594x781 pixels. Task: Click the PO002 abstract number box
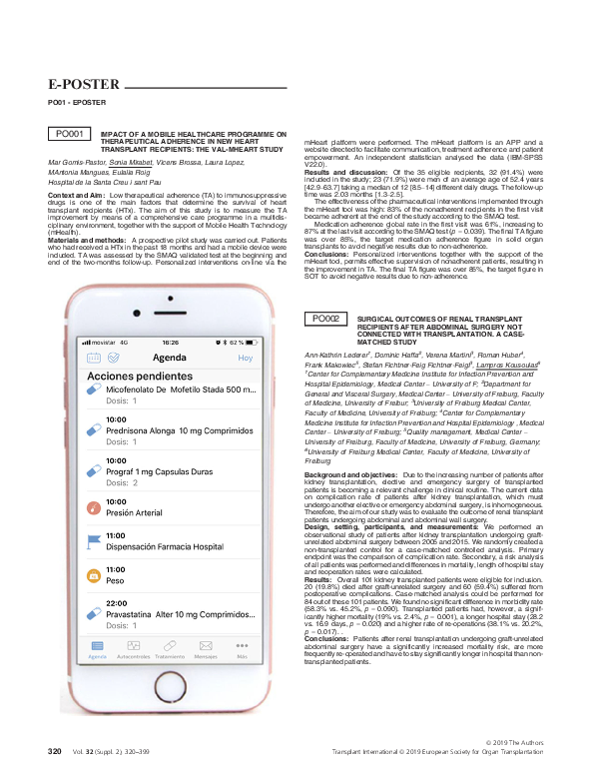[325, 319]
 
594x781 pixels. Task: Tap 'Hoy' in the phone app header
[246, 358]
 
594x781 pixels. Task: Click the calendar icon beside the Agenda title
[94, 358]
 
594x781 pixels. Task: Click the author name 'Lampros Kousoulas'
[509, 366]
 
